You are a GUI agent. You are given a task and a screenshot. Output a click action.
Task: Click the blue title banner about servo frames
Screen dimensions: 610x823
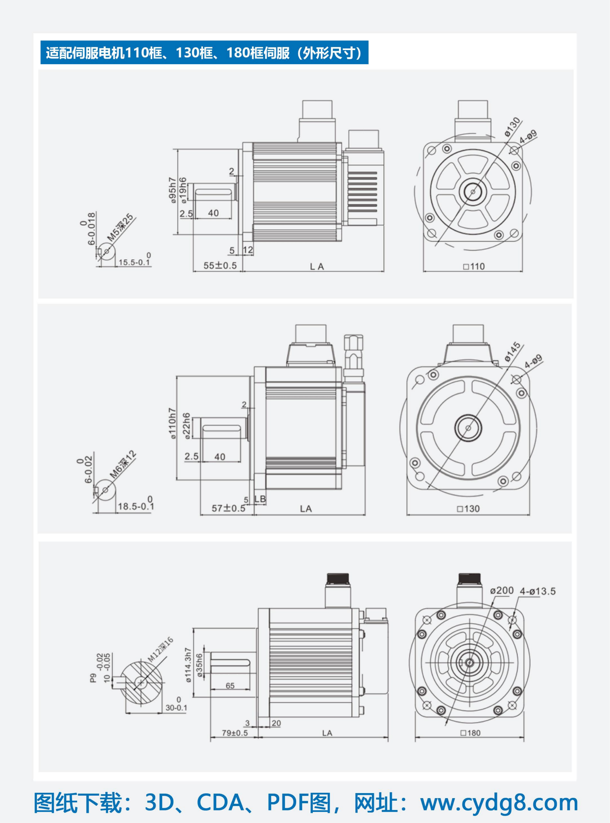[x=204, y=52]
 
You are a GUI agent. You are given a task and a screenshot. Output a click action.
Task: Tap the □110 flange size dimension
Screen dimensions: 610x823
[x=474, y=266]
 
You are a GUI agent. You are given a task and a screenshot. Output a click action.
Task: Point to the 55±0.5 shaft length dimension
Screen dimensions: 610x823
[x=220, y=265]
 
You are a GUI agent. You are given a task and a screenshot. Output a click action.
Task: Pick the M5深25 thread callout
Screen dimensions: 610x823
[x=120, y=227]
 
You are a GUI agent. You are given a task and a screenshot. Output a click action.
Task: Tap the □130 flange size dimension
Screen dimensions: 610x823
[x=468, y=509]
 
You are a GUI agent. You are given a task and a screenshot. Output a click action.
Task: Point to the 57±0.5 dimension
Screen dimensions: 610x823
[x=228, y=508]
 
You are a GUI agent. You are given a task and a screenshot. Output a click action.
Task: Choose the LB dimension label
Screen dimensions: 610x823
[x=260, y=499]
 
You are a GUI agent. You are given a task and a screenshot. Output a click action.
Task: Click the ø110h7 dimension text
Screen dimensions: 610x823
[x=172, y=424]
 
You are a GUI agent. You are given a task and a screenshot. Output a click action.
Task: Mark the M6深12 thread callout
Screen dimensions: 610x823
[x=123, y=465]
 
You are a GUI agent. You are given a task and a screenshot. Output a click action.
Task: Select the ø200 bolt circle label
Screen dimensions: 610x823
[x=502, y=590]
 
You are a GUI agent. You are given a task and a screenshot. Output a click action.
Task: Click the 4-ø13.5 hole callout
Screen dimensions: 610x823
[x=537, y=591]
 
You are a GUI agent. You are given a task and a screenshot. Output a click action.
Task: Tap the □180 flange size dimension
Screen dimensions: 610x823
[x=470, y=733]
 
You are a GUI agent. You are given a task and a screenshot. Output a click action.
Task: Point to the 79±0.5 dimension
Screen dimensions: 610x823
[x=235, y=733]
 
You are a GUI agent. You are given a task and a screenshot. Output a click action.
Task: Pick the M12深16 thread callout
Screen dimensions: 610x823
[x=160, y=650]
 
